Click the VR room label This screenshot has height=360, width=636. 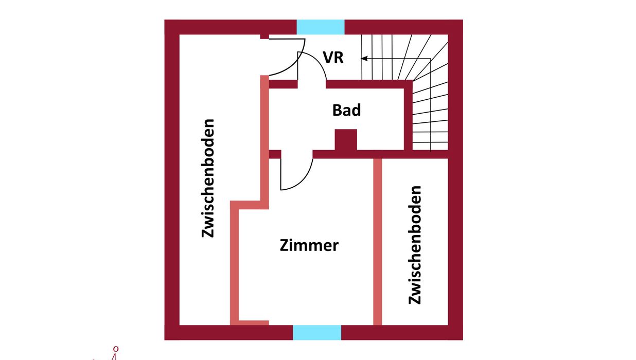tap(333, 58)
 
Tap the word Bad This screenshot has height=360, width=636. tap(346, 110)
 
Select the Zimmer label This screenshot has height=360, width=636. tap(309, 245)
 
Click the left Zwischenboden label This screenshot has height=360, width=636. tap(207, 178)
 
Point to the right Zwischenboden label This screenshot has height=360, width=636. tap(415, 245)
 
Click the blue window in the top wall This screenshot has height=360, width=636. tap(321, 27)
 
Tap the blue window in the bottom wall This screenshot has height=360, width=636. tap(317, 332)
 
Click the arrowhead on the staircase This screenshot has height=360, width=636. tap(364, 59)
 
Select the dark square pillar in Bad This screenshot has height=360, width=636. tap(346, 139)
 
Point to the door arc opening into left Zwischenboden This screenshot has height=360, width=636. tap(295, 64)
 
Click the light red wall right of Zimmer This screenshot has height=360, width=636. tap(378, 242)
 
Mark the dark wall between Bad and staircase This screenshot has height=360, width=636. tap(408, 115)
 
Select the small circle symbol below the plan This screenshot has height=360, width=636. tap(116, 349)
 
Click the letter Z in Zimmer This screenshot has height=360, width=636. tap(285, 246)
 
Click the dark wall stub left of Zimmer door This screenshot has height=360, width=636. tap(275, 154)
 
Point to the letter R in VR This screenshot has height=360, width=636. tap(339, 58)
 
